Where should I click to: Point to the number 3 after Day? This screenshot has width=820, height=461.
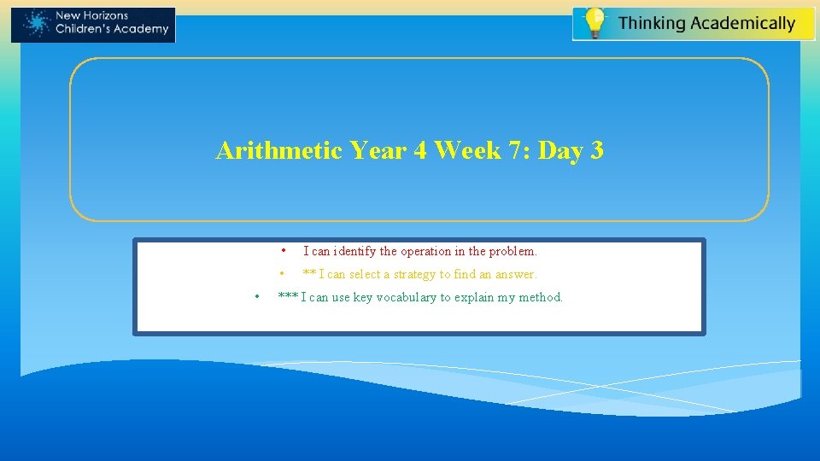click(x=596, y=151)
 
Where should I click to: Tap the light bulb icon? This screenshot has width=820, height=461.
click(x=594, y=22)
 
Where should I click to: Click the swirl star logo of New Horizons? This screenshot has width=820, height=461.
click(x=35, y=24)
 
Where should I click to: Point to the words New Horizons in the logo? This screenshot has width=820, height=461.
click(x=91, y=16)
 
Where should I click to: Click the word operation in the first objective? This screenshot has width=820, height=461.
click(x=428, y=252)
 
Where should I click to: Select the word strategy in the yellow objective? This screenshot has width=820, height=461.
click(x=414, y=275)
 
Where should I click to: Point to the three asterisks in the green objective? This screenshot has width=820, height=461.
click(x=288, y=298)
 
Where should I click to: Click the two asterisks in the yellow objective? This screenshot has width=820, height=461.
click(x=309, y=275)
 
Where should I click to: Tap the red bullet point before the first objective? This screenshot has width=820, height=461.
click(x=283, y=251)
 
